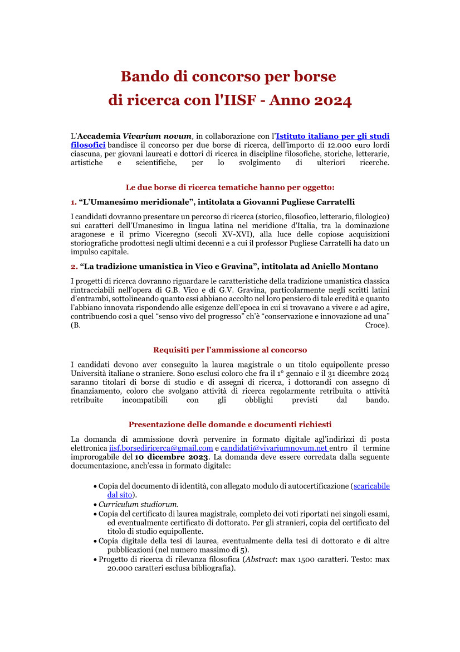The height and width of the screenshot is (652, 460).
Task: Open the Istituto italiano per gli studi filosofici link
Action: coord(332,136)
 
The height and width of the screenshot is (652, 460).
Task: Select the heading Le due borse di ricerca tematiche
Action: coord(230,187)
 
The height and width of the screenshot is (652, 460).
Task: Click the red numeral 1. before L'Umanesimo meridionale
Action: coord(74,201)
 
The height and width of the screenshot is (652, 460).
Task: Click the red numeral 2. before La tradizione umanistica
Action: coord(74,266)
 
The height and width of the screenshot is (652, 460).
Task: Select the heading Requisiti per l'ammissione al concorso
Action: coord(230,350)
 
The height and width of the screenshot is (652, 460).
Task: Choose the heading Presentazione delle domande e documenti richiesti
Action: coord(230,424)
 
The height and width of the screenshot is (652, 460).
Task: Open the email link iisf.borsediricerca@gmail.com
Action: coord(161,448)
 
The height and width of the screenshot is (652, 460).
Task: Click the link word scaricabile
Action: coord(371,486)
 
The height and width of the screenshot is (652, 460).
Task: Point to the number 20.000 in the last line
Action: coord(123,568)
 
